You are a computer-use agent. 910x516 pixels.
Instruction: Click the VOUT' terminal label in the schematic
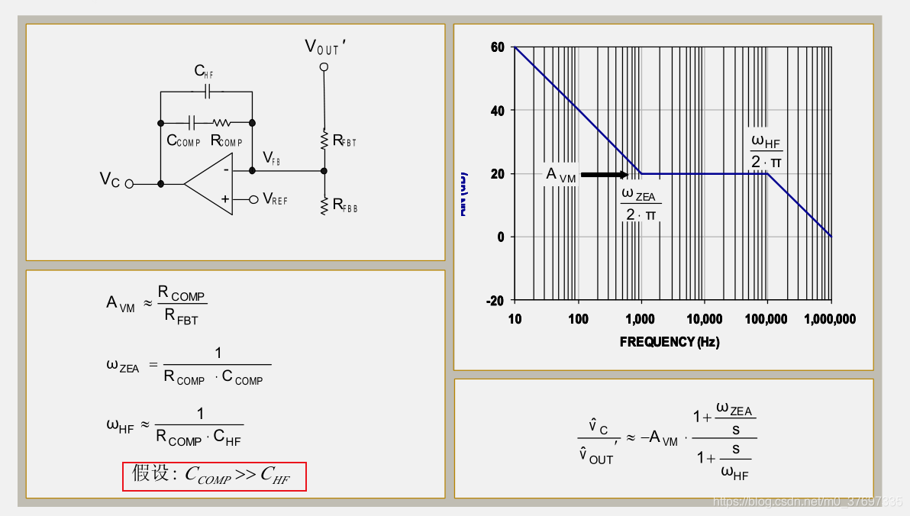coord(325,47)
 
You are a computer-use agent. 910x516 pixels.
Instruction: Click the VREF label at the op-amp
coord(275,199)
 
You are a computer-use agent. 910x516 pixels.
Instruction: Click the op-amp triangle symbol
coord(210,184)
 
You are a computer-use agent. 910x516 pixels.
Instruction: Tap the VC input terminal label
coord(110,179)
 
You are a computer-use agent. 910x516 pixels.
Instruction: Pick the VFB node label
coord(271,158)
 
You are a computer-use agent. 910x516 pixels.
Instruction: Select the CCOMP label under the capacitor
coord(183,141)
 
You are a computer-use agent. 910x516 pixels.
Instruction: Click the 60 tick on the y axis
coord(498,47)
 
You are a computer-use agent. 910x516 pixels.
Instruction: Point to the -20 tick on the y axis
coord(495,301)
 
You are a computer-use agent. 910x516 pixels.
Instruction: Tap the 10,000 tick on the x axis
coord(704,319)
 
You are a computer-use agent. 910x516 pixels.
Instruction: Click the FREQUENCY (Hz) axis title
coord(670,342)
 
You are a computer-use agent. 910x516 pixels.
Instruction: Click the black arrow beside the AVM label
coord(604,175)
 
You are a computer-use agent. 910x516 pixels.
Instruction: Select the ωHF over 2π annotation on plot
coord(766,151)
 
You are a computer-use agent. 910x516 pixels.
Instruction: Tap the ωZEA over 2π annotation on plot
coord(641,205)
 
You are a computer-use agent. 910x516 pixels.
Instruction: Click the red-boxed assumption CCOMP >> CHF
coord(215,476)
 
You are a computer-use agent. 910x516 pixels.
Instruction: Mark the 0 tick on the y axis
coord(501,237)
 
